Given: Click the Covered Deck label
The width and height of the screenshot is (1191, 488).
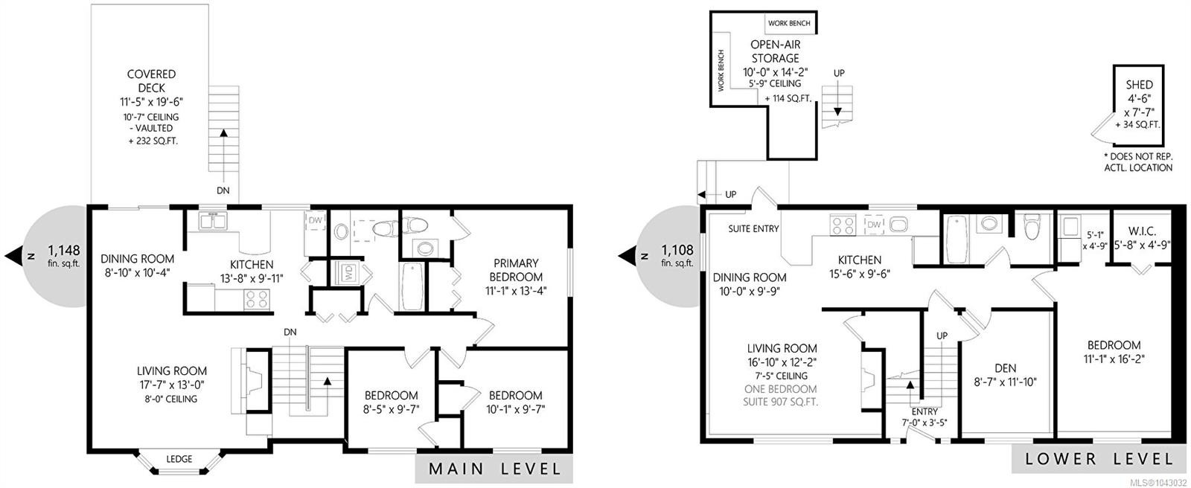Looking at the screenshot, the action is pyautogui.click(x=152, y=81).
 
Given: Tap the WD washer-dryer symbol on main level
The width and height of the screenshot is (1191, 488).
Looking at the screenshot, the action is pyautogui.click(x=349, y=273).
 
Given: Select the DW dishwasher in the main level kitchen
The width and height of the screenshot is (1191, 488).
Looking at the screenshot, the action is pyautogui.click(x=316, y=221).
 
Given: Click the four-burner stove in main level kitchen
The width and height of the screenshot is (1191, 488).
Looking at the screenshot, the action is pyautogui.click(x=257, y=300).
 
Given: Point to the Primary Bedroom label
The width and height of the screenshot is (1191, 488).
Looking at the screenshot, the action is pyautogui.click(x=516, y=270).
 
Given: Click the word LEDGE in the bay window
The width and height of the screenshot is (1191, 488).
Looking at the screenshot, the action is pyautogui.click(x=179, y=459).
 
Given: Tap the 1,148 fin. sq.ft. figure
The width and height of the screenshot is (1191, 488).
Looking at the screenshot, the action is pyautogui.click(x=64, y=255).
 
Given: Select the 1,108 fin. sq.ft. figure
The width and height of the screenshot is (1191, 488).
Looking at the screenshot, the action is pyautogui.click(x=677, y=255).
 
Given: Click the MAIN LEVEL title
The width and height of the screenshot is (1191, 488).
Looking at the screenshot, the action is pyautogui.click(x=495, y=469).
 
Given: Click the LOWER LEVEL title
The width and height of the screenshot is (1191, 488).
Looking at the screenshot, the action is pyautogui.click(x=1099, y=459).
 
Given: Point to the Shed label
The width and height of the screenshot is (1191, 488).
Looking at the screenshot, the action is pyautogui.click(x=1139, y=85).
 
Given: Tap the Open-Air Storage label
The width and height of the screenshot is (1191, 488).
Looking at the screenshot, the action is pyautogui.click(x=775, y=51).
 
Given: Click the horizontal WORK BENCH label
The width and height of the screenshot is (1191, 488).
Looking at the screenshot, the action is pyautogui.click(x=789, y=23).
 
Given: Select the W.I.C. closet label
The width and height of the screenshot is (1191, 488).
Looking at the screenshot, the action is pyautogui.click(x=1142, y=231).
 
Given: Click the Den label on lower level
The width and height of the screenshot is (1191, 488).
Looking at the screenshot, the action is pyautogui.click(x=1006, y=368).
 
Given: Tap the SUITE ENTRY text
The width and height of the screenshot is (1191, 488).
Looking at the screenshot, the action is pyautogui.click(x=753, y=228).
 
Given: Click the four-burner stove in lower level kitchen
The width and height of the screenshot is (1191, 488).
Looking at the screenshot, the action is pyautogui.click(x=843, y=225).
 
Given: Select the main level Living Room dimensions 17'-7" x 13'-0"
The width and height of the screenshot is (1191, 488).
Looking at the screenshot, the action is pyautogui.click(x=172, y=385).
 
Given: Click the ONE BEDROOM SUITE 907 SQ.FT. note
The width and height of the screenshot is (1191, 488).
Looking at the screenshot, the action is pyautogui.click(x=781, y=396).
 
